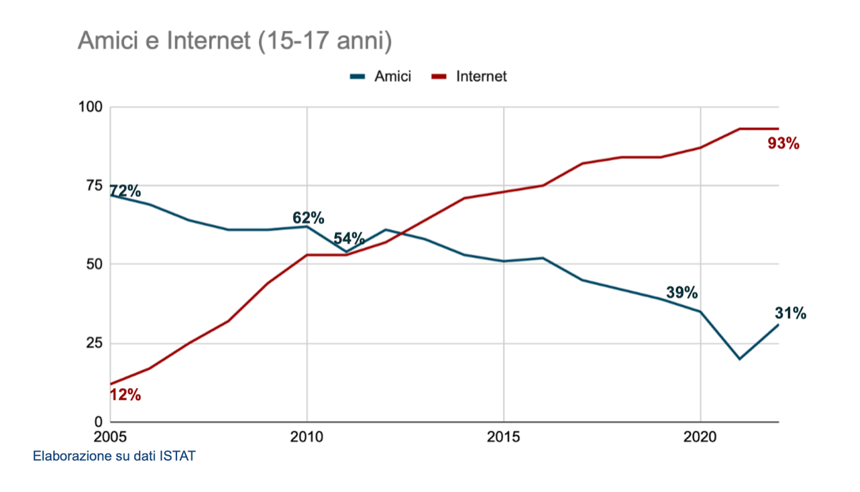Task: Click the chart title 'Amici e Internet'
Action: (x=234, y=41)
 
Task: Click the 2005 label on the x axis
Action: (x=110, y=437)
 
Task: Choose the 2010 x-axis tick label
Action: (x=307, y=437)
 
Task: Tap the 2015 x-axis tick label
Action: (x=504, y=437)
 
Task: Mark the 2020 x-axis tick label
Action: (x=700, y=437)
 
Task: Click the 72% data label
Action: (x=125, y=192)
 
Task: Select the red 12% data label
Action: (x=125, y=395)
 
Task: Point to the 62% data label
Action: (x=309, y=218)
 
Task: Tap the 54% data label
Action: (x=349, y=238)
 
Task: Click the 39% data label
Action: (x=682, y=293)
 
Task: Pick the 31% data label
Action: (x=790, y=313)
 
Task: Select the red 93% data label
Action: (x=784, y=143)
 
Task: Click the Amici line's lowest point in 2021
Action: (x=739, y=359)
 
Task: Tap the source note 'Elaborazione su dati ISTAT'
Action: (x=114, y=457)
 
